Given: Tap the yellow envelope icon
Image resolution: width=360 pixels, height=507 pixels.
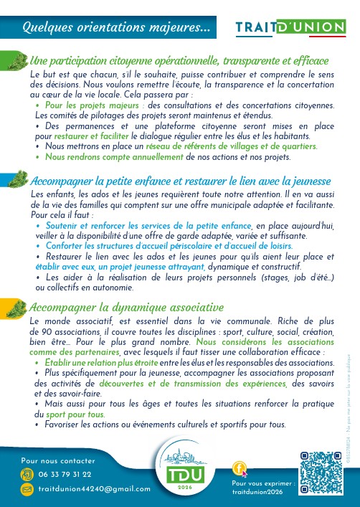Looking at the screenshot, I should click(x=28, y=488).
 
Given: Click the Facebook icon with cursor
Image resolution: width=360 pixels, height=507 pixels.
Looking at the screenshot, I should click(x=241, y=469).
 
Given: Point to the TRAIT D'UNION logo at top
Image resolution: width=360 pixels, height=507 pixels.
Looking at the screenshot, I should click(x=290, y=27).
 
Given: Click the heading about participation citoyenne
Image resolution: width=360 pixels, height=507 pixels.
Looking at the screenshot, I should click(x=179, y=60).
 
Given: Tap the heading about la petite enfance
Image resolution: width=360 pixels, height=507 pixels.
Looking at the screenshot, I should click(x=180, y=180).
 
